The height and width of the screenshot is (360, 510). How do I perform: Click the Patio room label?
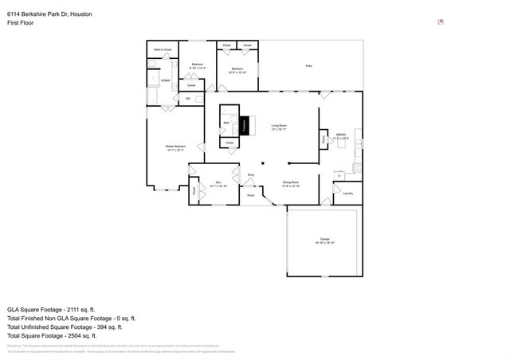pos(308,65)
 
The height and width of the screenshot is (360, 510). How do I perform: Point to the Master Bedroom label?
pos(176,147)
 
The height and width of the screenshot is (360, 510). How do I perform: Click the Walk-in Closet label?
pos(163,50)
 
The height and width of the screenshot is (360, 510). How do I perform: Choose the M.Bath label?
pos(166,80)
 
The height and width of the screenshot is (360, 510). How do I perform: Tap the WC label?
pos(187,99)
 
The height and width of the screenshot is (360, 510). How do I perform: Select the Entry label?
pos(251,175)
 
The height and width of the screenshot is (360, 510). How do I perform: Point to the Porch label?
pos(250,195)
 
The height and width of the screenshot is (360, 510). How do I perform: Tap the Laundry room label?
pos(347,193)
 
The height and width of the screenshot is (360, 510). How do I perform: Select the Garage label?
pos(325,240)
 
